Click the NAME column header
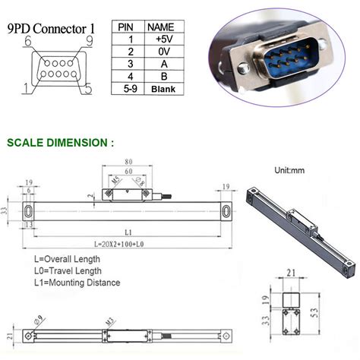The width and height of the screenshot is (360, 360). click(160, 26)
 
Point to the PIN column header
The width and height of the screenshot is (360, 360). click(127, 26)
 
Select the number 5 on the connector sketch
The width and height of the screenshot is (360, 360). click(88, 89)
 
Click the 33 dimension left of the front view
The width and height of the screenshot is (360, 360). click(5, 210)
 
